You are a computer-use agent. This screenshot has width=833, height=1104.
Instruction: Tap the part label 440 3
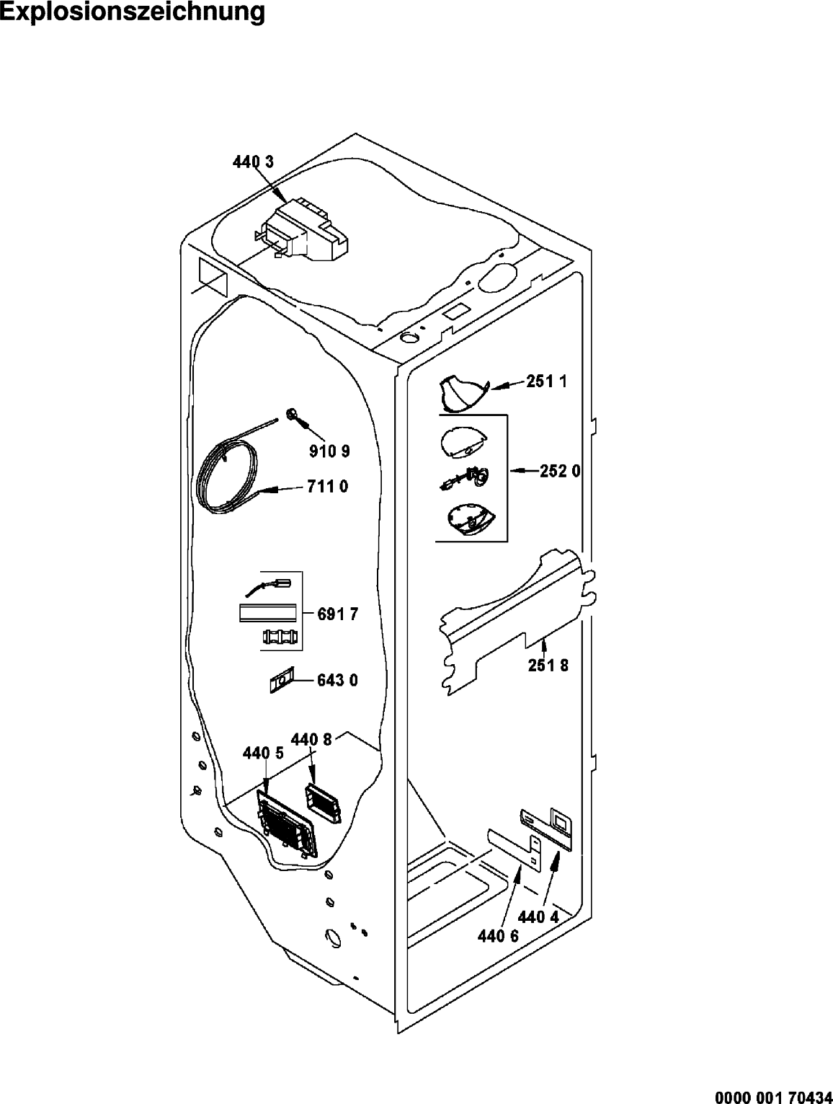click(x=253, y=162)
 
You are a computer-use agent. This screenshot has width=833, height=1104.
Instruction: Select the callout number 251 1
click(x=547, y=381)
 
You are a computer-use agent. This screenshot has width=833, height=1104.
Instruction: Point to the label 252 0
click(x=560, y=472)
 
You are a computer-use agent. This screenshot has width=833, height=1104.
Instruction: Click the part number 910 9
click(x=329, y=451)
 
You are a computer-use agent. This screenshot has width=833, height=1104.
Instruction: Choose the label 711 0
click(x=328, y=486)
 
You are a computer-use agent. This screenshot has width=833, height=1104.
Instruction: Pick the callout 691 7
click(x=338, y=614)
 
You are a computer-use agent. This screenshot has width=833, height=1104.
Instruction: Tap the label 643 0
click(x=338, y=681)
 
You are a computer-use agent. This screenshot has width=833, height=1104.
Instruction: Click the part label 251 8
click(x=548, y=666)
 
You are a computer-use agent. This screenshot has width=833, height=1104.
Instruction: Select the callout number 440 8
click(x=311, y=740)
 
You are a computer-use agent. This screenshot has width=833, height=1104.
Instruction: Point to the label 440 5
click(x=263, y=753)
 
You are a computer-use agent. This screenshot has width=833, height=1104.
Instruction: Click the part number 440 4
click(x=538, y=917)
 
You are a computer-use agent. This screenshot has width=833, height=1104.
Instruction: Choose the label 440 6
click(x=498, y=936)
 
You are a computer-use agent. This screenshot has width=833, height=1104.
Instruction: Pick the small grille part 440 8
click(x=323, y=804)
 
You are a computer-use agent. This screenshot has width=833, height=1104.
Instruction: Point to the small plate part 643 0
click(x=281, y=681)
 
